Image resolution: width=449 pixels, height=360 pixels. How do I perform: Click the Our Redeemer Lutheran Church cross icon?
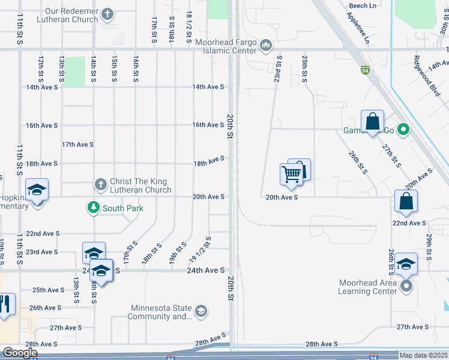[x=107, y=14]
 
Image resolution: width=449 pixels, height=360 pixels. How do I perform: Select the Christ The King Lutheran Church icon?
[x=100, y=184]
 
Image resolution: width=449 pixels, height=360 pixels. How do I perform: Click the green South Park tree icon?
[x=93, y=208]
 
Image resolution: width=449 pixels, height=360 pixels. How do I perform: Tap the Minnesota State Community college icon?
[x=201, y=311]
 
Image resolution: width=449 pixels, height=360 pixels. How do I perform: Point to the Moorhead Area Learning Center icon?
[x=406, y=286]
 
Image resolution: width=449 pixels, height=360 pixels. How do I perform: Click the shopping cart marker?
[x=291, y=175]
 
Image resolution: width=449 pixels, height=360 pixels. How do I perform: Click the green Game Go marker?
[x=403, y=130]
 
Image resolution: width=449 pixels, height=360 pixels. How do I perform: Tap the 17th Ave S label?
[x=77, y=145]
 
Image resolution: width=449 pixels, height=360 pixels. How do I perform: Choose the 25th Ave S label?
[x=49, y=290]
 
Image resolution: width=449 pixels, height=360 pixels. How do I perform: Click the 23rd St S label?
[x=279, y=68]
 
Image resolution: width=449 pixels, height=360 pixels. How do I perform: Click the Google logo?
[x=20, y=353]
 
